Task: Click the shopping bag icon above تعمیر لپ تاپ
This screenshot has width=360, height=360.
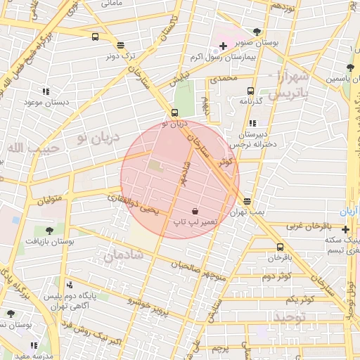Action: coord(195,211)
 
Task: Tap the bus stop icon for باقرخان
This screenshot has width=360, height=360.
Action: coord(281,247)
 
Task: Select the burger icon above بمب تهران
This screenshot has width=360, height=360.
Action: coord(245,202)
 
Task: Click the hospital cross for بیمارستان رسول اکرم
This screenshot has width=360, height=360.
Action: coord(223,46)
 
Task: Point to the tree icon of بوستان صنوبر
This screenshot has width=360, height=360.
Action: coord(257,31)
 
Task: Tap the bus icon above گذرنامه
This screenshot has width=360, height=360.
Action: coord(250,91)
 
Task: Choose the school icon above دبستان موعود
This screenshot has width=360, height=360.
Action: coord(46,91)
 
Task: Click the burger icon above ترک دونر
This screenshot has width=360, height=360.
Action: coord(120,44)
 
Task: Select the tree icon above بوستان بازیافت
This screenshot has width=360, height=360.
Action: coord(50,230)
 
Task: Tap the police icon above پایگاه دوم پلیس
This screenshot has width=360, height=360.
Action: coord(70,285)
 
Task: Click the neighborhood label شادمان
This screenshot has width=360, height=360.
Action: coord(123,256)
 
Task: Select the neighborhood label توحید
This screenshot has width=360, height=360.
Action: coord(290,317)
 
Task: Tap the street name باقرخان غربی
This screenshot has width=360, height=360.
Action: coord(307,226)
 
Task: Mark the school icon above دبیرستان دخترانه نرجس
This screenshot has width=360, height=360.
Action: coord(252,124)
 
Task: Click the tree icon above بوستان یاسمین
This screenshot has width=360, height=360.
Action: coord(349,68)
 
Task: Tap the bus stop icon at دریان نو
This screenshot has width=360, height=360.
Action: coord(175,112)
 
